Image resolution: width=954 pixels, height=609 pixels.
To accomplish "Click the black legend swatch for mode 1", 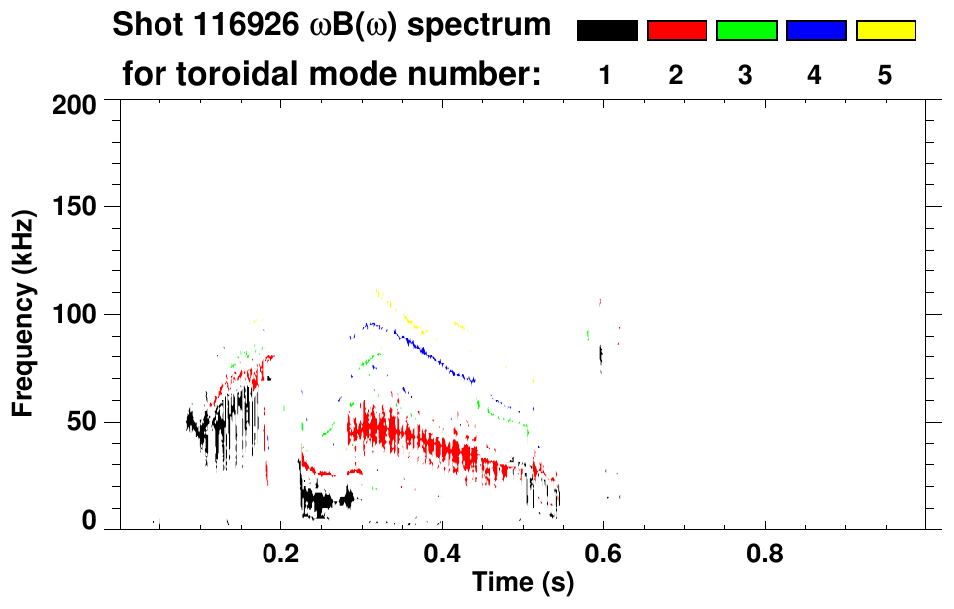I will tap(606, 31).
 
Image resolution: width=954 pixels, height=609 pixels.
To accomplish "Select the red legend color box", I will tap(677, 31).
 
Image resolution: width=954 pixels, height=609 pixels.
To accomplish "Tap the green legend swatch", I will tap(746, 31).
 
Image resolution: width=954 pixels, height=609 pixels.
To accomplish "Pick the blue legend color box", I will tap(815, 31).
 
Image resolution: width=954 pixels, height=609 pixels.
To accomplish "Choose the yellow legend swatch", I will tap(885, 31).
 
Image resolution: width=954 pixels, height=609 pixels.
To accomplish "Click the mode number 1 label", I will tap(605, 75).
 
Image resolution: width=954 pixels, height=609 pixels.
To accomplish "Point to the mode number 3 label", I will tap(745, 75).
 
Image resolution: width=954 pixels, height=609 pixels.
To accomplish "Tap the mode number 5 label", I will tap(884, 75).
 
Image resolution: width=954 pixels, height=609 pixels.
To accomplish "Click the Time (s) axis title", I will tap(522, 583).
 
